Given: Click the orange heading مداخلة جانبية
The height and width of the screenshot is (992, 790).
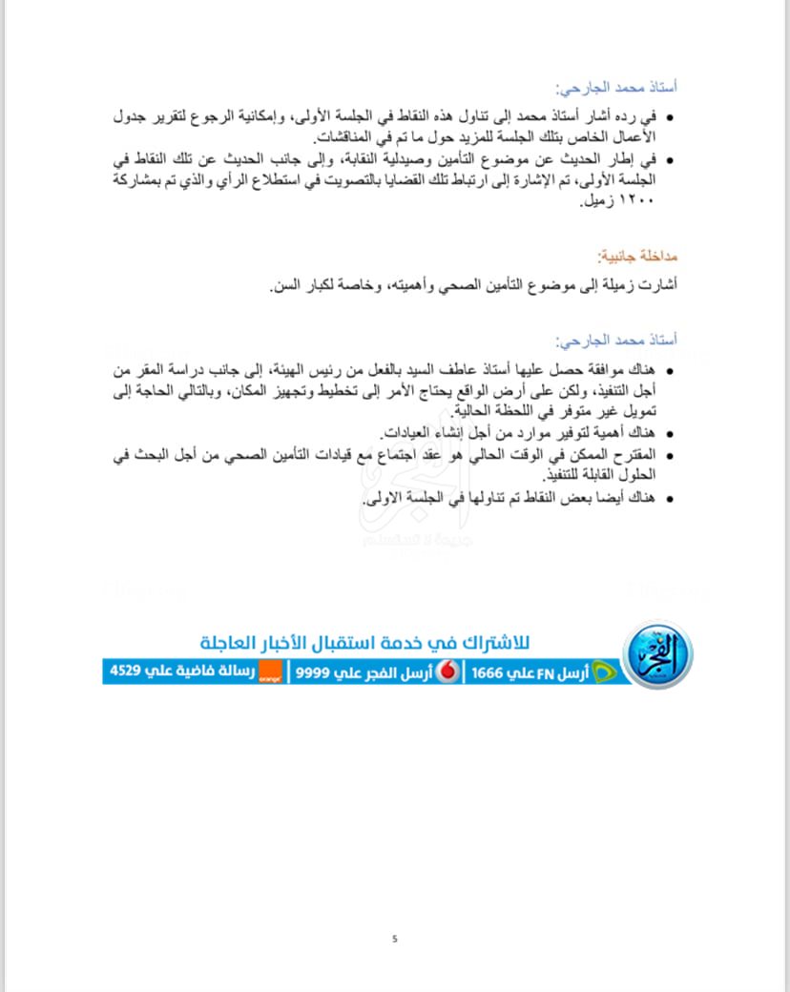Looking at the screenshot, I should (x=636, y=257).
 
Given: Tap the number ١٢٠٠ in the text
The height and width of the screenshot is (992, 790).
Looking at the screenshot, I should (x=657, y=202).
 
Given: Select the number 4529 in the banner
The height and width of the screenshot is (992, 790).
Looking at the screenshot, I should (x=128, y=672).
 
